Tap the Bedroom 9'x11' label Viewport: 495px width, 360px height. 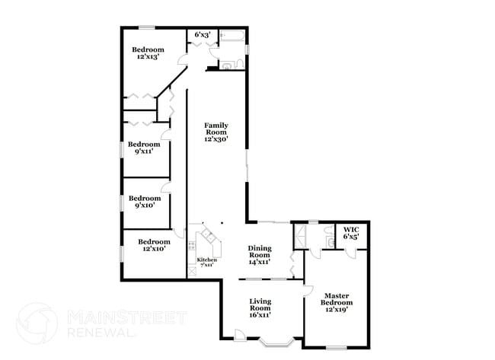(x=144, y=148)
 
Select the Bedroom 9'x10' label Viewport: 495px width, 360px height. (x=144, y=202)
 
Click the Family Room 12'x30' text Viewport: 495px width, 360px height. (x=216, y=132)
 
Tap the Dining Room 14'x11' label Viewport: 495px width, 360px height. (x=260, y=254)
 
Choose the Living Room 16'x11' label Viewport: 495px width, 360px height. (x=260, y=307)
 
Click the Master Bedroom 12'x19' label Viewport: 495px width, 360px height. (x=337, y=302)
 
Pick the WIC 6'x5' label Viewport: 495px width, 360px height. (x=351, y=233)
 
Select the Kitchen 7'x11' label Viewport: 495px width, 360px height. (x=207, y=263)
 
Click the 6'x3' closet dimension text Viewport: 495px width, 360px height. (x=202, y=35)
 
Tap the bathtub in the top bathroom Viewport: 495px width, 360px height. (x=231, y=35)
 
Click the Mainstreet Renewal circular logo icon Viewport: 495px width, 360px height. (x=37, y=323)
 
